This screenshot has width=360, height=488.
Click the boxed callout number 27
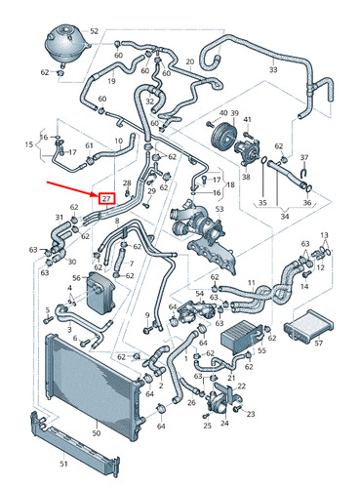pyautogui.click(x=106, y=198)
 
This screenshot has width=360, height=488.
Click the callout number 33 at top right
pyautogui.click(x=272, y=70)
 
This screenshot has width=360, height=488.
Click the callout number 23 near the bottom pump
pyautogui.click(x=251, y=414)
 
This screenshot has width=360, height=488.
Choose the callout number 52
pyautogui.click(x=94, y=32)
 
